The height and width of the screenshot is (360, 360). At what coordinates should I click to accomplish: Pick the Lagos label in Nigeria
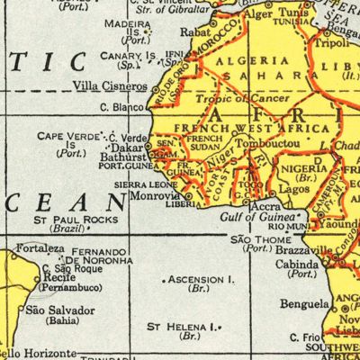[285, 190]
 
